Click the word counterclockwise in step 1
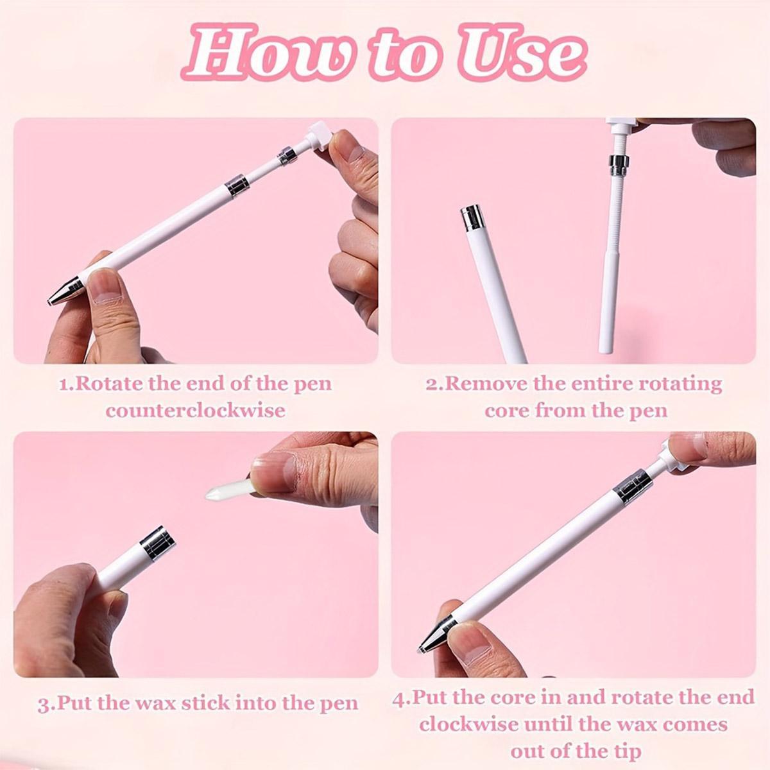coord(196,411)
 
